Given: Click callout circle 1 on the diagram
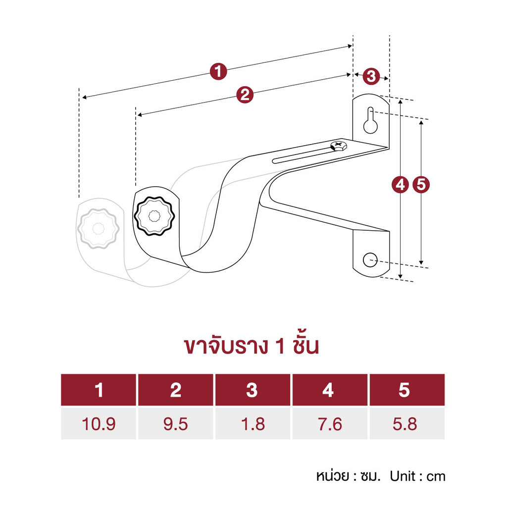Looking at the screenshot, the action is (218, 71).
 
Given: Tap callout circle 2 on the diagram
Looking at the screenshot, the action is (245, 95).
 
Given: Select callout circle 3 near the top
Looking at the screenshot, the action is (371, 76).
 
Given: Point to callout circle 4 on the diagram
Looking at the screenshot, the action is (400, 185).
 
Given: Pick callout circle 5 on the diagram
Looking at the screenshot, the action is (421, 184).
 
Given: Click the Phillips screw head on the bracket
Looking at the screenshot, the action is (339, 146).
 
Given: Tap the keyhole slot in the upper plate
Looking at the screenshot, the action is (370, 120).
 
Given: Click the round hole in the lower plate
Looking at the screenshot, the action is (370, 260).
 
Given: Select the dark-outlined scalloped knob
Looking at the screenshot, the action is (154, 216).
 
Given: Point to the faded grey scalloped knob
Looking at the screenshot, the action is (99, 229).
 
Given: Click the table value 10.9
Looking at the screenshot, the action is (99, 424).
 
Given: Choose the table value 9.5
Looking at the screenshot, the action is (176, 424).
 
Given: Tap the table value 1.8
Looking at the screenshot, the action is (253, 424).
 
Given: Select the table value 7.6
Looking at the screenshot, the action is (330, 424).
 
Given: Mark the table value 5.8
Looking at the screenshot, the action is (405, 424).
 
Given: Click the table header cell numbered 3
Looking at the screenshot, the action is (253, 390).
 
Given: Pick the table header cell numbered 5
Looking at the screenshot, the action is (407, 390).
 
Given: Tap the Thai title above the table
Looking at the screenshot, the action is (252, 345).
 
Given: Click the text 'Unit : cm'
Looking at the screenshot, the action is (417, 476).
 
